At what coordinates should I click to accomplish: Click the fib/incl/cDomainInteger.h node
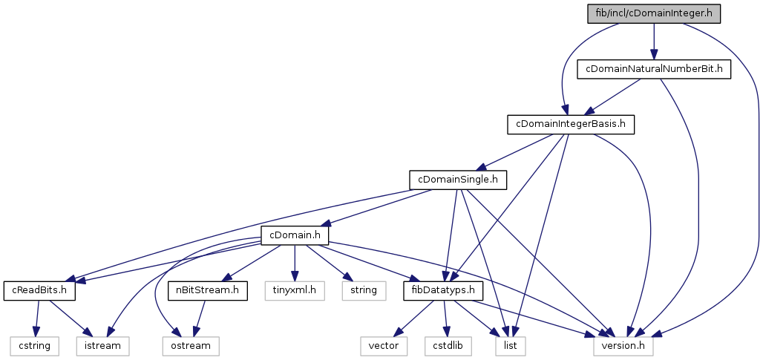[x=653, y=13]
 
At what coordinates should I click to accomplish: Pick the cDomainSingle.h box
[x=457, y=179]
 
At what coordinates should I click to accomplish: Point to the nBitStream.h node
[x=207, y=290]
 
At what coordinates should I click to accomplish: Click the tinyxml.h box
[x=295, y=290]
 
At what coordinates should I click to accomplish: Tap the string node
[x=364, y=290]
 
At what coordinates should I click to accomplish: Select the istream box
[x=103, y=345]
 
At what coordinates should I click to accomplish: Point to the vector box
[x=384, y=345]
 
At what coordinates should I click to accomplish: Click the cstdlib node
[x=448, y=345]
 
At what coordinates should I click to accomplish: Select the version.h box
[x=623, y=345]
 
